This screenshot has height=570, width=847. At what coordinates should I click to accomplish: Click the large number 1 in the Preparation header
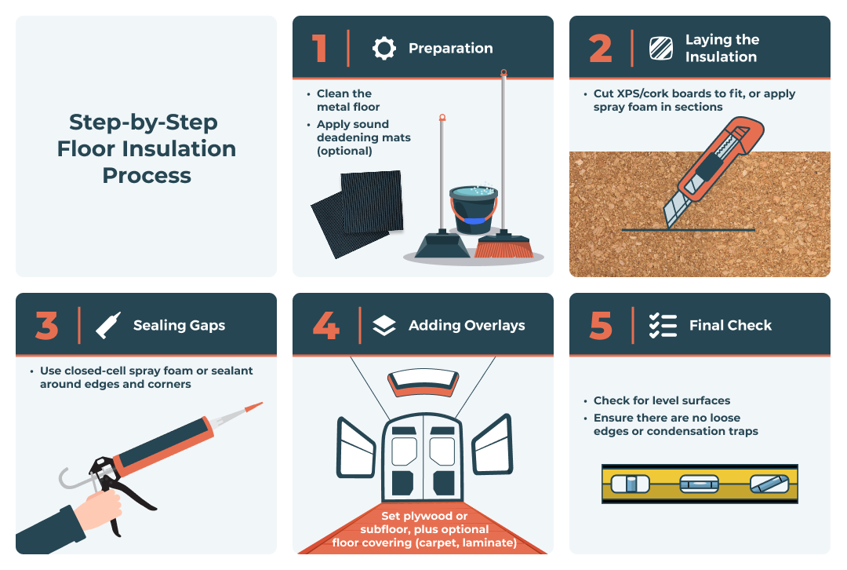pyautogui.click(x=319, y=48)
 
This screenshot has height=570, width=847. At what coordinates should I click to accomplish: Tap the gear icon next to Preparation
pyautogui.click(x=384, y=49)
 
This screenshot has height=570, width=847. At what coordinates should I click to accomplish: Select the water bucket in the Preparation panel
pyautogui.click(x=473, y=209)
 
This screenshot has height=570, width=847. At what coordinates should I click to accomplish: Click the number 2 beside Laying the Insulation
pyautogui.click(x=600, y=48)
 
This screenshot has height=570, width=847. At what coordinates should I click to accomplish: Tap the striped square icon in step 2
pyautogui.click(x=661, y=49)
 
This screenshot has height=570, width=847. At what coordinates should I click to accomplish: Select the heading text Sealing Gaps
pyautogui.click(x=179, y=325)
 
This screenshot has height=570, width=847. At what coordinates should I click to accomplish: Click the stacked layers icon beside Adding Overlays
pyautogui.click(x=384, y=326)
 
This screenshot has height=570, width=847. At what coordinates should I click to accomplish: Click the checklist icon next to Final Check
pyautogui.click(x=663, y=325)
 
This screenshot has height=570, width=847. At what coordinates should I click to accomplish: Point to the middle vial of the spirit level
pyautogui.click(x=699, y=484)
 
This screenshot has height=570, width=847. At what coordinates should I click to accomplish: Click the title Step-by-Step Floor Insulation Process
pyautogui.click(x=146, y=148)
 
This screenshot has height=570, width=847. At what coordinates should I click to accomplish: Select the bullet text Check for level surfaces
pyautogui.click(x=661, y=400)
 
